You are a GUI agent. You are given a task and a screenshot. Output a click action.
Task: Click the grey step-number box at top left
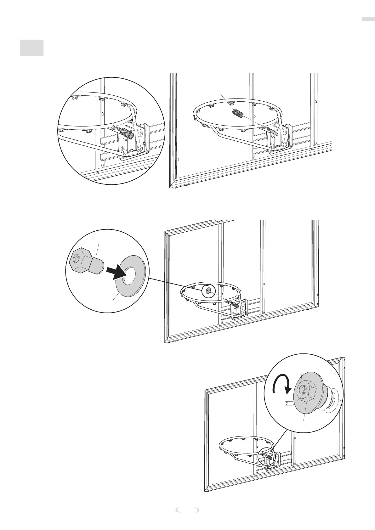31,48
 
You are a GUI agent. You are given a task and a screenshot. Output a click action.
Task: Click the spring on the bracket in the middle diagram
234,304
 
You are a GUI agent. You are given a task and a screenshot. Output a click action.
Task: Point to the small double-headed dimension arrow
287,404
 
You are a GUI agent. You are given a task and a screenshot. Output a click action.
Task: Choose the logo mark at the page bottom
187,517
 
